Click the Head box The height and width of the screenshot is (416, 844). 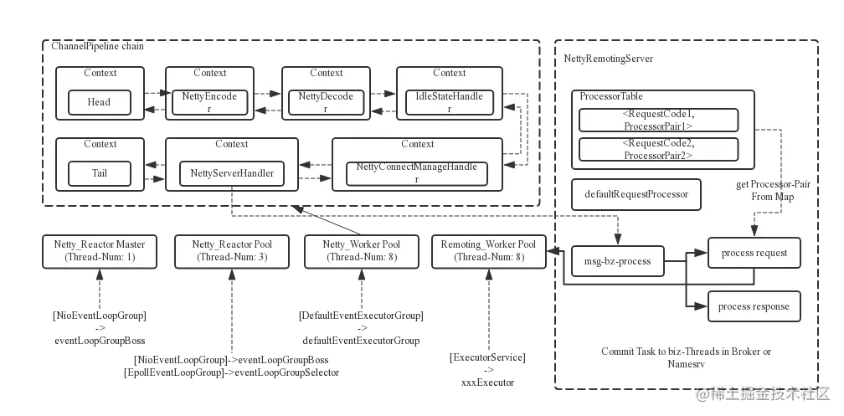99,102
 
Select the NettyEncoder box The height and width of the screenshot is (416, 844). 209,102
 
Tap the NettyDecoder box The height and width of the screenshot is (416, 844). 326,102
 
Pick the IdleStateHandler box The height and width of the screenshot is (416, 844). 450,102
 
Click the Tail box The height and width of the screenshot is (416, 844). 99,173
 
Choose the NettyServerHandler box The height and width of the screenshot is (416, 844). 232,173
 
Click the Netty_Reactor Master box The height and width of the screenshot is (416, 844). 100,251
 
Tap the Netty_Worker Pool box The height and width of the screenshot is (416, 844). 362,251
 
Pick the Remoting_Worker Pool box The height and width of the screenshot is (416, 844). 487,251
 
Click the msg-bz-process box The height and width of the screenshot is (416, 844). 617,261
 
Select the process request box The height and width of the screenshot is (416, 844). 753,252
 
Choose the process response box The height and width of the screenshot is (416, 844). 753,306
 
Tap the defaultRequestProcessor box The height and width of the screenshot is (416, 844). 636,194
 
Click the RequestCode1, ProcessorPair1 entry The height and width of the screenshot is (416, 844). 658,120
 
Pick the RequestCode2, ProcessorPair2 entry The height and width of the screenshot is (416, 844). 658,149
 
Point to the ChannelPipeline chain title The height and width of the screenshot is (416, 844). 98,46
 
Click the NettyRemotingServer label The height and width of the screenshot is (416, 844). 608,59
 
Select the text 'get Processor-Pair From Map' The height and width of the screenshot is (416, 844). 773,190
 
